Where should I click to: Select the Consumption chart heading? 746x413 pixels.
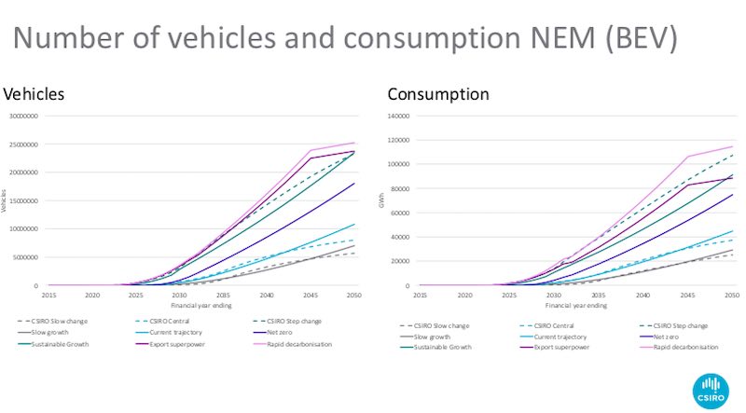[x=437, y=94]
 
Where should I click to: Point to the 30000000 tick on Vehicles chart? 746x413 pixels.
[x=22, y=117]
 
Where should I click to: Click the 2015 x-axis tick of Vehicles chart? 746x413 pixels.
[x=48, y=295]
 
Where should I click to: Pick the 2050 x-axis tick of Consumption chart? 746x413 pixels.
[x=732, y=295]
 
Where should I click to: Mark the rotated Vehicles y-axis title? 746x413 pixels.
[x=5, y=200]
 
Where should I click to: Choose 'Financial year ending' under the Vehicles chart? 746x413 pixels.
[x=201, y=305]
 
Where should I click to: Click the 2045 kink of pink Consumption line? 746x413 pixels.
[x=687, y=157]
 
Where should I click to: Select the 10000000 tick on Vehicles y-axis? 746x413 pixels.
[x=22, y=229]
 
